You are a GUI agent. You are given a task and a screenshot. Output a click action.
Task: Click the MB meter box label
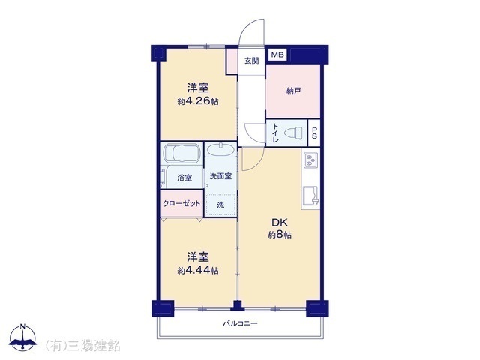(278, 55)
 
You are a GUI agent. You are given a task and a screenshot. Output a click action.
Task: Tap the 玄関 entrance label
(252, 61)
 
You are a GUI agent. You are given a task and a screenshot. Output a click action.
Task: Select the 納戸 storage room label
(293, 91)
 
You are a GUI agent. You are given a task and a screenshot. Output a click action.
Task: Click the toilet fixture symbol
(293, 133)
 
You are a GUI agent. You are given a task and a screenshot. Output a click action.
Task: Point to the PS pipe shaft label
(314, 133)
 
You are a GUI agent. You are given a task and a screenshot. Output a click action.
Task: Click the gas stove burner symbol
(310, 160)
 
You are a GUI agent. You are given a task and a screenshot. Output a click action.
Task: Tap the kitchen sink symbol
(310, 195)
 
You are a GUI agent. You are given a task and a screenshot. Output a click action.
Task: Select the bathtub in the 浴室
(181, 153)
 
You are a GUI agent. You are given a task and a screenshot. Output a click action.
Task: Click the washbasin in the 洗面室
(220, 150)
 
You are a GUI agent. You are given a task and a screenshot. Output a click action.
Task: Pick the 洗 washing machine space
(220, 205)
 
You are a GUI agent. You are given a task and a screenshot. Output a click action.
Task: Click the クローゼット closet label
(181, 203)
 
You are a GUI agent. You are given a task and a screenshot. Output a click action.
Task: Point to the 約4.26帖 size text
(198, 101)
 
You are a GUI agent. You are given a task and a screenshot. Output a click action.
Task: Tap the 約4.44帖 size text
(198, 270)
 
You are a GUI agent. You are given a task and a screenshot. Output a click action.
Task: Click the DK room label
(280, 223)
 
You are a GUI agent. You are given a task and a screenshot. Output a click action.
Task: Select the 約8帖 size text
(280, 235)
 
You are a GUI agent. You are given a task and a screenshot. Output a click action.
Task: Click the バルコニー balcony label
(240, 323)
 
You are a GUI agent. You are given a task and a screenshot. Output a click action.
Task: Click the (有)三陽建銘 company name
(82, 346)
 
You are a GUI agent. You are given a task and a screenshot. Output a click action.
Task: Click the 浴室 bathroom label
(184, 178)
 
